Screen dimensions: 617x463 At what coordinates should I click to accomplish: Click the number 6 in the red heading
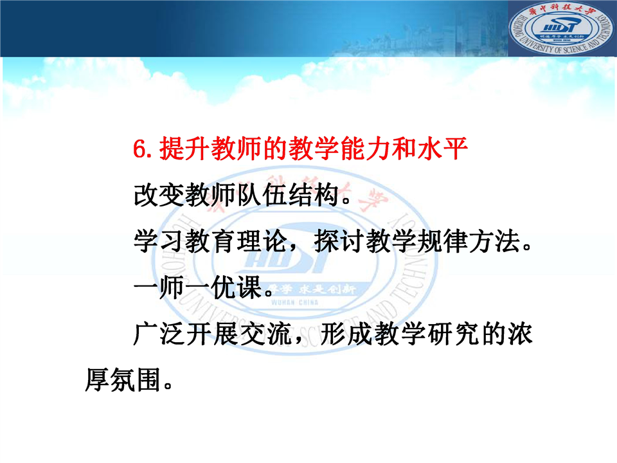click(139, 149)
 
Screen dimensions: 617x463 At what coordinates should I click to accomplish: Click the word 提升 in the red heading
click(184, 149)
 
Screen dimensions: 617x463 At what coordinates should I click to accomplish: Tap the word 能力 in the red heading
click(366, 149)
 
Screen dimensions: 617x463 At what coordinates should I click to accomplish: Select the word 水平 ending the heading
click(443, 149)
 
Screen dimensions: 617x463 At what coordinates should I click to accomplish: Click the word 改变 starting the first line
click(159, 195)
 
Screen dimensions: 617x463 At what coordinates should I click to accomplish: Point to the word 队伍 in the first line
click(262, 195)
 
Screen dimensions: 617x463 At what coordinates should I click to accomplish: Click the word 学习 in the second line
click(159, 241)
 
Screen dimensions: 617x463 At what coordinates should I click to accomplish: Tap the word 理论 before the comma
click(262, 241)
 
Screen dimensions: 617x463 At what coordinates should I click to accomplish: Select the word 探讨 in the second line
click(339, 241)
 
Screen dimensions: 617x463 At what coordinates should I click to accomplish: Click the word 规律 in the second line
click(443, 241)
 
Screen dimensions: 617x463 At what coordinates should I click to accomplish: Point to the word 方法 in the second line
click(495, 241)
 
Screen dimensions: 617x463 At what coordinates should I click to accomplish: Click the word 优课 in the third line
click(237, 287)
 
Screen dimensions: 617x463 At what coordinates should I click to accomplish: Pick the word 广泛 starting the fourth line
click(159, 334)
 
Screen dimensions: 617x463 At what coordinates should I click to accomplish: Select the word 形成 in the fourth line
click(346, 334)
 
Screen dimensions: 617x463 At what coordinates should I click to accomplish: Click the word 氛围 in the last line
click(136, 380)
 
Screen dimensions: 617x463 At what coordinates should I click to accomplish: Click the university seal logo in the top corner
click(562, 28)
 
